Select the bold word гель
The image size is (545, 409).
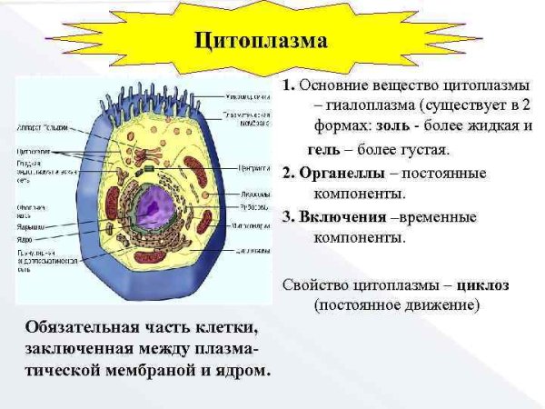click(323, 148)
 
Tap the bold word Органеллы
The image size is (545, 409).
click(342, 173)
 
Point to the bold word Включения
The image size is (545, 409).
click(342, 216)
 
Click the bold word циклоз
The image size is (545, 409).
click(483, 284)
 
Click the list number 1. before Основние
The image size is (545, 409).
click(288, 85)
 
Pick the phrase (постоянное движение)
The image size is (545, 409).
click(396, 306)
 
